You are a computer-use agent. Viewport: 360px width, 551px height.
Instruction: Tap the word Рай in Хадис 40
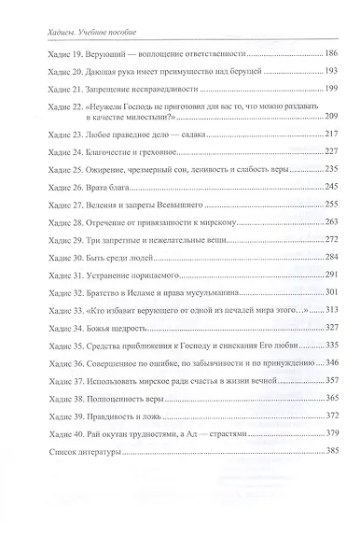click(x=98, y=431)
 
